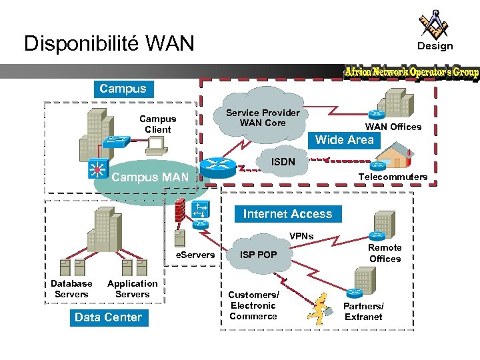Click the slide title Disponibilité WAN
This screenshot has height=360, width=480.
point(109,44)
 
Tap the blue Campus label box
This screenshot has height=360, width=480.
point(123,89)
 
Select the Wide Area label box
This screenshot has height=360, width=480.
point(345,140)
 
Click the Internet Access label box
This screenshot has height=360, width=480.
point(287,214)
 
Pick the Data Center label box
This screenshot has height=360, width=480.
point(108,317)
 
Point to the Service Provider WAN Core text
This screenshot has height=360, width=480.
point(263,118)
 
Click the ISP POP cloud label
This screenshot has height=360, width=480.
point(259,255)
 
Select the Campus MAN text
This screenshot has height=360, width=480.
point(150,178)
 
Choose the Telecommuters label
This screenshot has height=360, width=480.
point(393,177)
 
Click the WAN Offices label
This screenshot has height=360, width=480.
point(393,127)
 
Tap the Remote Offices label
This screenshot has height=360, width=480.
point(385,253)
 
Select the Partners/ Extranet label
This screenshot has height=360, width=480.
point(363,311)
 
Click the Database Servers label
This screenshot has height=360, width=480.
point(71,289)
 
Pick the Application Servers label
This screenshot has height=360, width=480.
point(132,289)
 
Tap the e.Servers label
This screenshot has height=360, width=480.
point(195,255)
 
